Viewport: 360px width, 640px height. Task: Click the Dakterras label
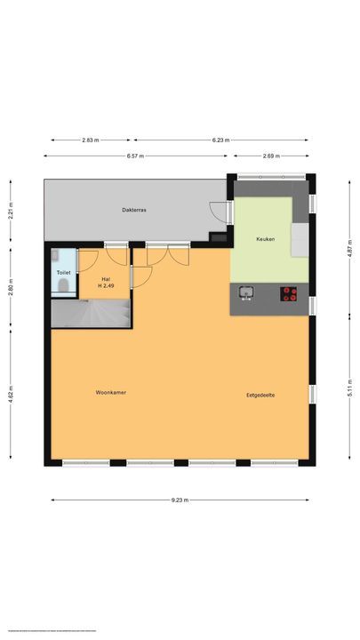(x=134, y=210)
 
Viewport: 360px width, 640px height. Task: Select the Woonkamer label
(x=111, y=392)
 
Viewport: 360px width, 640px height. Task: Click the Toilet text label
(x=63, y=272)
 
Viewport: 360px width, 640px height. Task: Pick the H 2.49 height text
(x=106, y=285)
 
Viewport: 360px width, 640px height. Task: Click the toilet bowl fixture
(x=64, y=285)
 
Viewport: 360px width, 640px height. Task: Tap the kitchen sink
(x=246, y=292)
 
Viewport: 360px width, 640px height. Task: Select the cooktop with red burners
(x=289, y=293)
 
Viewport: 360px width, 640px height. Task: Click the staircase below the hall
(x=92, y=312)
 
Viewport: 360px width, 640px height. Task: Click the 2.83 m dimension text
(x=91, y=140)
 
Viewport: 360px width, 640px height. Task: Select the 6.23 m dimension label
(x=220, y=140)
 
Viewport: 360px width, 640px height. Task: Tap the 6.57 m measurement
(x=136, y=156)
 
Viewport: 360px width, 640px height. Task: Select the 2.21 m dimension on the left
(x=10, y=212)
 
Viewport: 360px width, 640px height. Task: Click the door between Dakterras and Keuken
(x=220, y=210)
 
